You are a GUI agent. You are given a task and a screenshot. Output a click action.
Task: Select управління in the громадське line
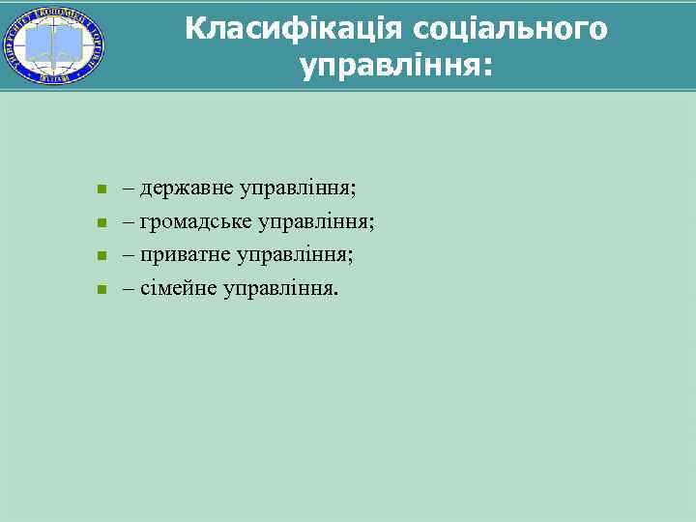[x=317, y=222]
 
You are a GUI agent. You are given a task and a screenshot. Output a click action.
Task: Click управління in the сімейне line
[x=281, y=288]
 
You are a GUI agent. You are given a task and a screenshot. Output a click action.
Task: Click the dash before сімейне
[x=129, y=288]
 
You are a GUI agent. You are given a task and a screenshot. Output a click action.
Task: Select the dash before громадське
[x=129, y=222]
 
